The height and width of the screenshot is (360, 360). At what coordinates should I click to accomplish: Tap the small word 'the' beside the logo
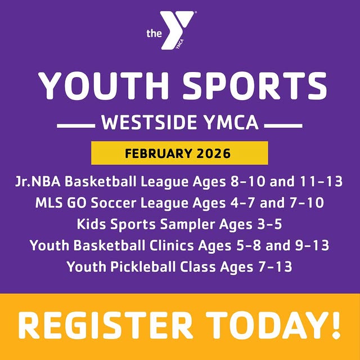154,34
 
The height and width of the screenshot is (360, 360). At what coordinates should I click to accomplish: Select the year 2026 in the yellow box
212,153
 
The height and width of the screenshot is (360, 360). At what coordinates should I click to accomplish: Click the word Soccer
119,204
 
